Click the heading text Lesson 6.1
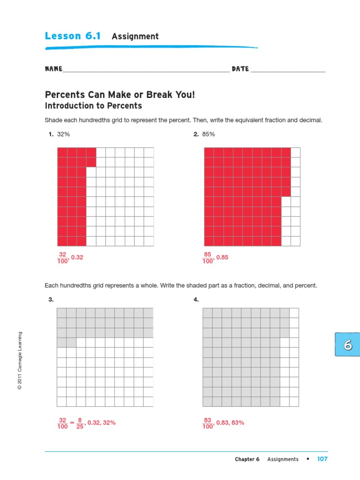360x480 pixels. [x=73, y=36]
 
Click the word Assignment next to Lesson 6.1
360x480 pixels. [x=135, y=37]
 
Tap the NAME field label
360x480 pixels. [x=53, y=69]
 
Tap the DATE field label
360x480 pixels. [x=240, y=69]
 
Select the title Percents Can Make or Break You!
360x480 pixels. [x=119, y=95]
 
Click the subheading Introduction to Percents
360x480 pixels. [x=93, y=106]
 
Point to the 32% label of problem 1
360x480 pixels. [x=63, y=135]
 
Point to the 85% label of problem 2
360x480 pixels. [x=209, y=135]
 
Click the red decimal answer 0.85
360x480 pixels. [x=222, y=257]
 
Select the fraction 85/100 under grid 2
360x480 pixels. [x=208, y=258]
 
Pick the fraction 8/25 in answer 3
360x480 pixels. [x=80, y=423]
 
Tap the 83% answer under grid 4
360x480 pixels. [x=238, y=423]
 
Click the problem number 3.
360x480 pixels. [x=51, y=300]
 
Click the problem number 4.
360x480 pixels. [x=196, y=300]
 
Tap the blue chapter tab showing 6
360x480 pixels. [x=347, y=345]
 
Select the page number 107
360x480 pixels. [x=322, y=459]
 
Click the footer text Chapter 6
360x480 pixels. [x=247, y=459]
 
